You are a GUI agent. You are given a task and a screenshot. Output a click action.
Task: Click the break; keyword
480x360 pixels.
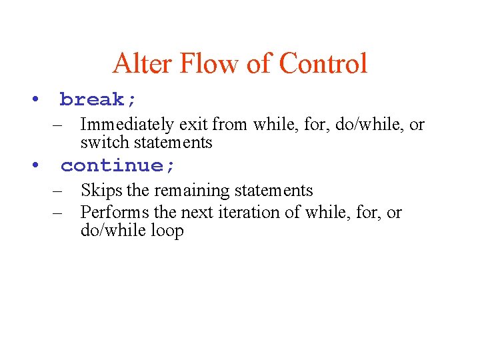click(x=99, y=100)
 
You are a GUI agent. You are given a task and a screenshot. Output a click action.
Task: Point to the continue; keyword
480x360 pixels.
click(x=118, y=166)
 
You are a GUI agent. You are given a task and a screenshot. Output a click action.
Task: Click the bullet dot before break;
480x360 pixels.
click(x=33, y=100)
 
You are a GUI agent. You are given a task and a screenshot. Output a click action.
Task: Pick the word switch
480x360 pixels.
click(x=101, y=142)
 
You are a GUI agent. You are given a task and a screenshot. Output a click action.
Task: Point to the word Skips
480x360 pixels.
click(x=101, y=191)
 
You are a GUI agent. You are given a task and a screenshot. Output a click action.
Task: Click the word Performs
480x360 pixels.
click(x=114, y=213)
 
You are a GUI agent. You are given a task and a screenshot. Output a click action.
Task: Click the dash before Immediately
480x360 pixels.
click(x=58, y=125)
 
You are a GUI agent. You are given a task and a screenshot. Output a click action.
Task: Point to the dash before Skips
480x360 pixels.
click(x=58, y=191)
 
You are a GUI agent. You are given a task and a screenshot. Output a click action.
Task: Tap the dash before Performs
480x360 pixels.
click(x=58, y=213)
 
